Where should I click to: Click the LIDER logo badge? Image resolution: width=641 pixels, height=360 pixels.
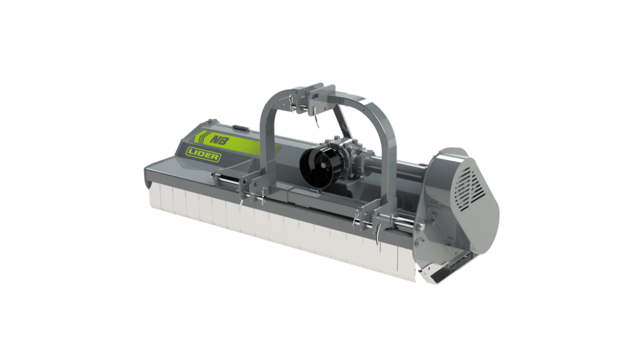(x=203, y=154)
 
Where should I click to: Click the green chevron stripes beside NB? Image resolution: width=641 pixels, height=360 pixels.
(x=201, y=137)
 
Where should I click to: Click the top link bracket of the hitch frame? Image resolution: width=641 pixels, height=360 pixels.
(x=315, y=97)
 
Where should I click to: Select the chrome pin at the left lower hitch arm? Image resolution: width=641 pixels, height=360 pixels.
(x=226, y=179)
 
